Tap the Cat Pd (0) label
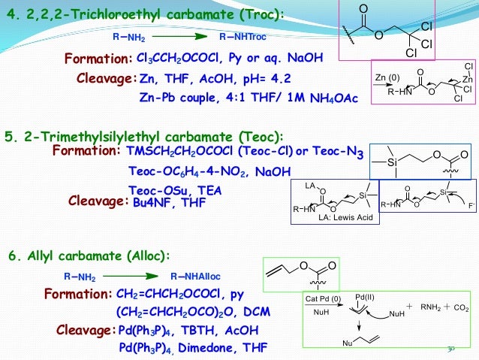point(324,298)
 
